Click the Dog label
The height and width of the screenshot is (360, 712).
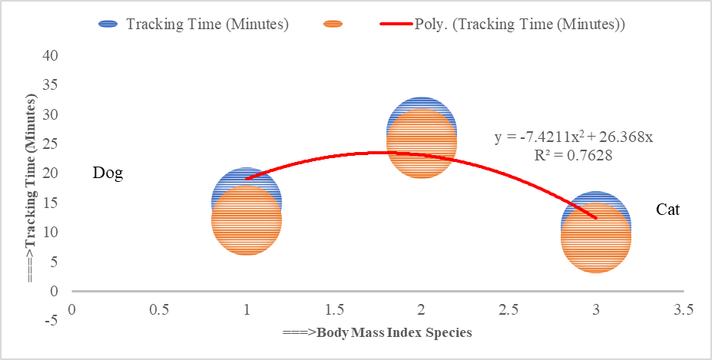click(x=108, y=173)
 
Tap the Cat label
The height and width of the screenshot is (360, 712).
click(x=667, y=210)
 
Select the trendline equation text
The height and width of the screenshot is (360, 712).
click(x=573, y=137)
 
